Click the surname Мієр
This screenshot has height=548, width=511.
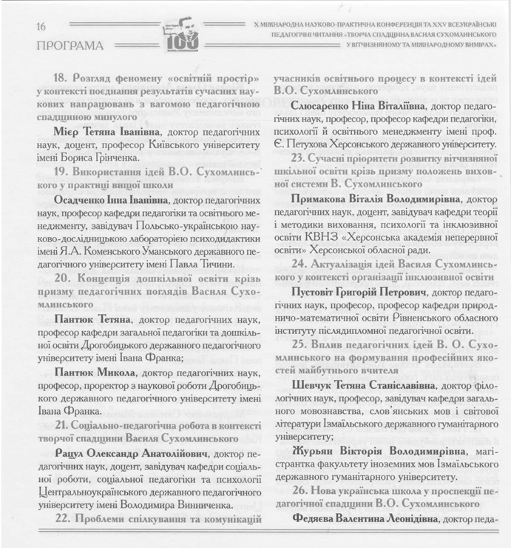click(x=70, y=131)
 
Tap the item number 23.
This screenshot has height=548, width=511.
click(x=300, y=158)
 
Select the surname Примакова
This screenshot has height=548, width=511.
click(x=325, y=198)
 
